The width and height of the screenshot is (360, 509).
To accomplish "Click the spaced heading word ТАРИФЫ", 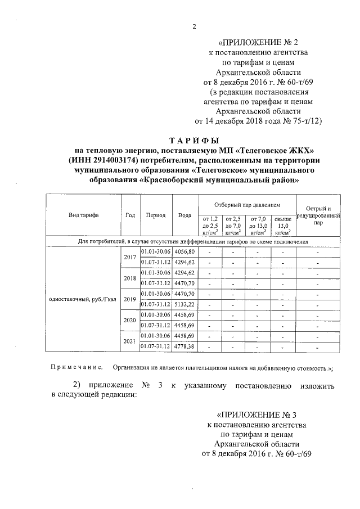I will pyautogui.click(x=193, y=139).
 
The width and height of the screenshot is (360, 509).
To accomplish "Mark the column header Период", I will pyautogui.click(x=155, y=215).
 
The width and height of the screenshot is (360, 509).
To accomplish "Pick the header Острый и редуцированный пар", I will pyautogui.click(x=318, y=215).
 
